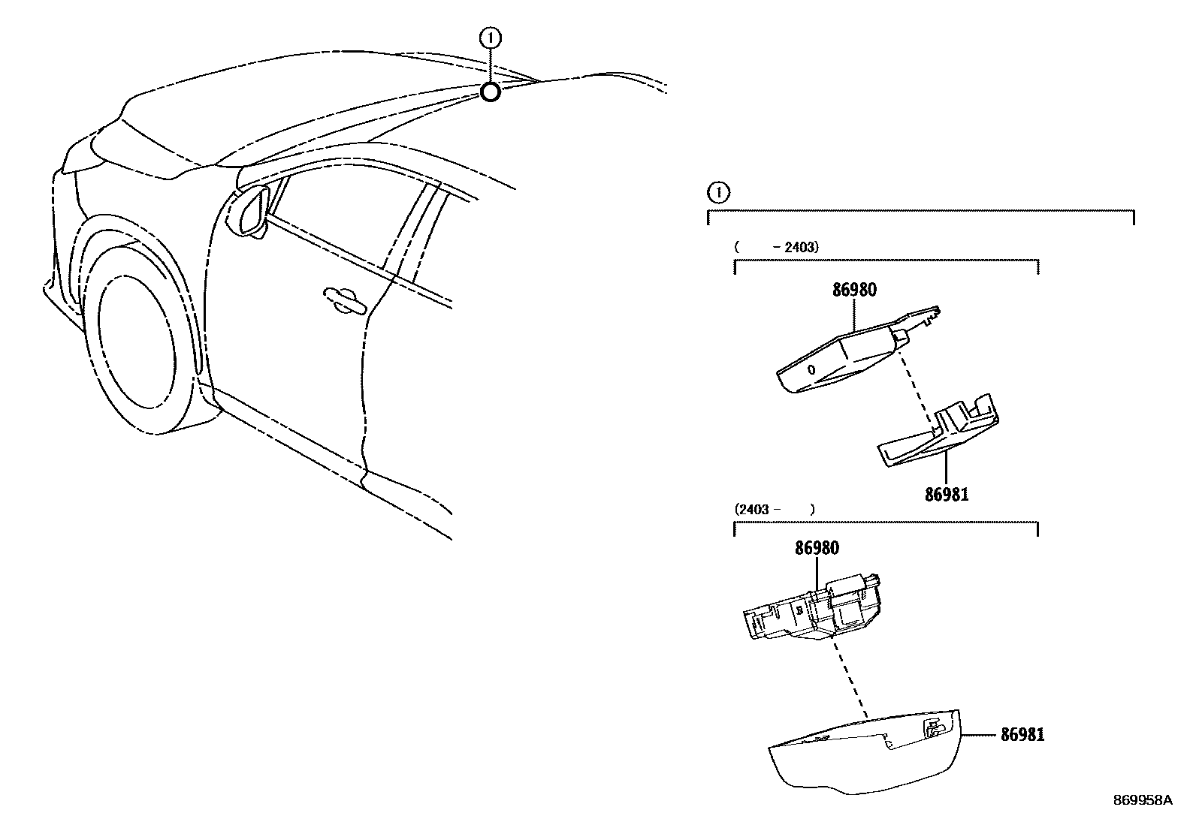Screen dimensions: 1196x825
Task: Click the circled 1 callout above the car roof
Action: click(490, 37)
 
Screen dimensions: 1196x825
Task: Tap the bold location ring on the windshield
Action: click(490, 92)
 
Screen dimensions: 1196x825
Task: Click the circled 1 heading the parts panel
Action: click(718, 193)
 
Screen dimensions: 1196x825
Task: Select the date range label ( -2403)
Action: click(777, 246)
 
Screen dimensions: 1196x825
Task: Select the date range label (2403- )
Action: click(774, 509)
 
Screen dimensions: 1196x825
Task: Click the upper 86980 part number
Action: click(854, 290)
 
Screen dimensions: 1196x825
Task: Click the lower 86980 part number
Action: click(817, 549)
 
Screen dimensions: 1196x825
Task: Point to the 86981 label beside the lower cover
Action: click(1022, 734)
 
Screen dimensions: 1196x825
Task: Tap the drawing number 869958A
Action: click(1142, 800)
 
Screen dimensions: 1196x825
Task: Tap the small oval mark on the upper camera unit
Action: click(811, 370)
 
